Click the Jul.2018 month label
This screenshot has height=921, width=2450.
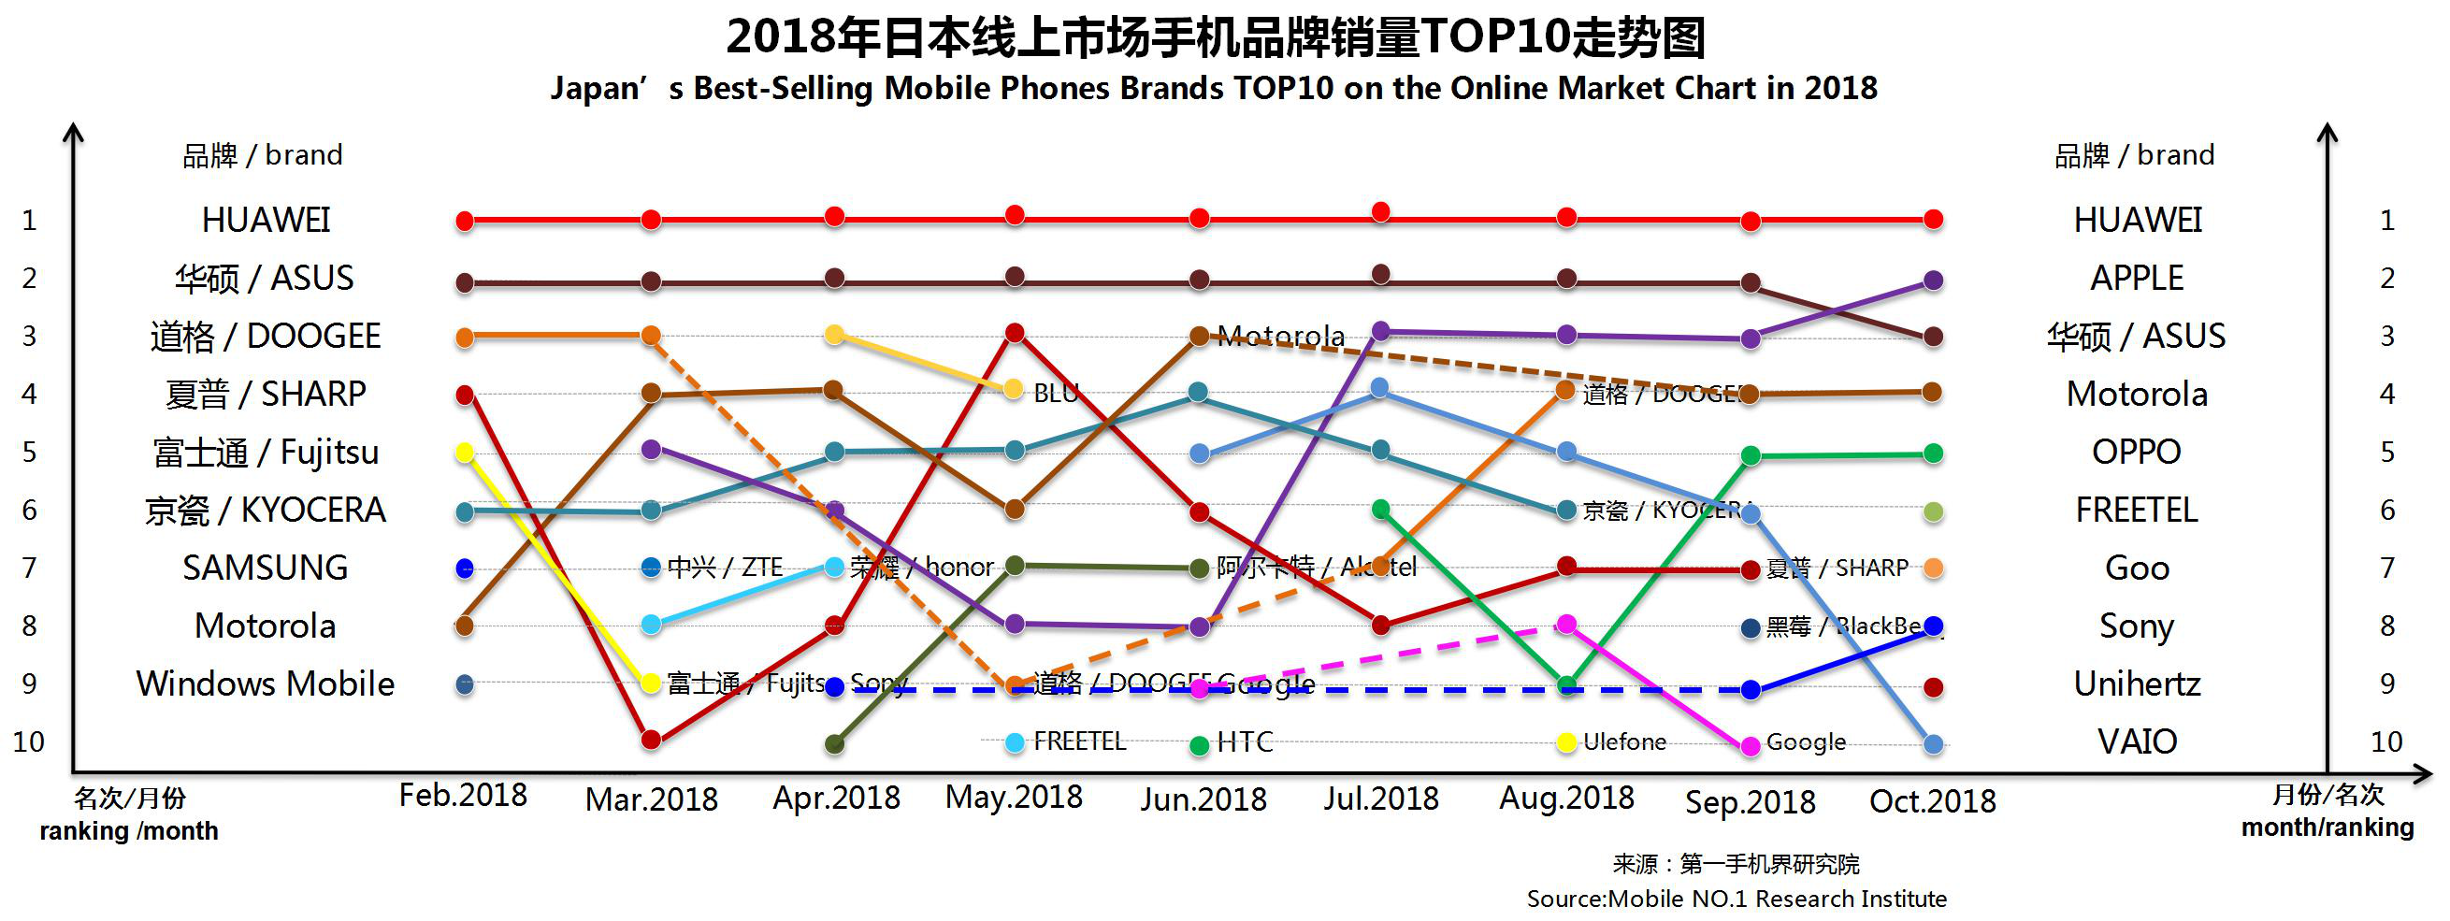point(1381,798)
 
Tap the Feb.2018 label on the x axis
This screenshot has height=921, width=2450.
point(463,796)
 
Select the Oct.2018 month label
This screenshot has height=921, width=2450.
point(1933,801)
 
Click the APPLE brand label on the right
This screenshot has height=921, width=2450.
point(2136,278)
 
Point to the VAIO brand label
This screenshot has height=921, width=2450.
point(2137,741)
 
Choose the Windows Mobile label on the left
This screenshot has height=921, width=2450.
point(265,684)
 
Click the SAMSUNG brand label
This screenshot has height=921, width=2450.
point(265,568)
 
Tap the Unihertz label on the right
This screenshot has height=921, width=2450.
point(2136,684)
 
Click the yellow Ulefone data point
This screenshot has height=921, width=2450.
point(1566,742)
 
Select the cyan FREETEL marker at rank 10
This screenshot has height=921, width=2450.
point(1015,742)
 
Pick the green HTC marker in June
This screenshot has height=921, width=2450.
point(1200,744)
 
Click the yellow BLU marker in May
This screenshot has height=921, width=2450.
point(1014,389)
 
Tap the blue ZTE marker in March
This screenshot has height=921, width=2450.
point(652,568)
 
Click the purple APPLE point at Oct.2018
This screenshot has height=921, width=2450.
point(1933,281)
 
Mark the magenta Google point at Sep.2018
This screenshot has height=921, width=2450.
point(1750,747)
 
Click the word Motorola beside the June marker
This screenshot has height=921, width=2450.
point(1280,336)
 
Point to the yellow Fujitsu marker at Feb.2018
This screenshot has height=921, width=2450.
point(464,453)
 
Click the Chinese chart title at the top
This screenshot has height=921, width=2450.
point(1215,38)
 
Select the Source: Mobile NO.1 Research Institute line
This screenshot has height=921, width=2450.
point(1736,899)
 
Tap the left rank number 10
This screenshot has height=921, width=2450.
point(29,741)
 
